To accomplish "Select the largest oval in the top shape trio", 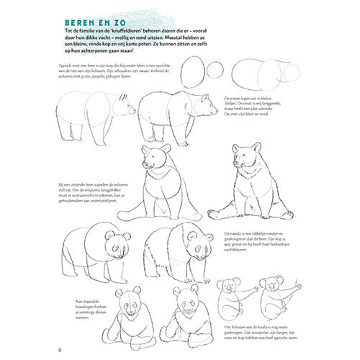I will [x=191, y=73].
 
